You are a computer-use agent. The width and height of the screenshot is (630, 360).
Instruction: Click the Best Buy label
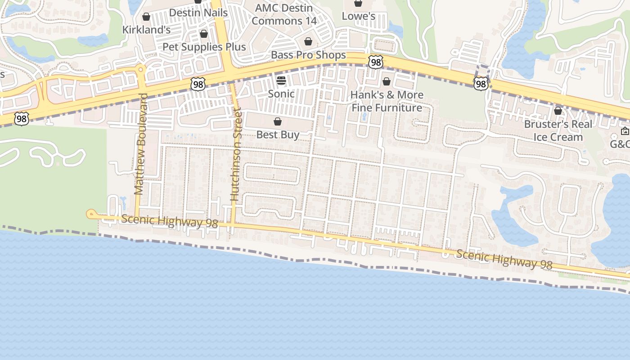[278, 135]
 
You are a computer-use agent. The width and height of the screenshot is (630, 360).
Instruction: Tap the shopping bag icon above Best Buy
[278, 121]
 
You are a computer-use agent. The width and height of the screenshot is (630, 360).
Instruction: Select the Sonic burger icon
[281, 81]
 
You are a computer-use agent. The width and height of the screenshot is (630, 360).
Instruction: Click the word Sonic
[281, 94]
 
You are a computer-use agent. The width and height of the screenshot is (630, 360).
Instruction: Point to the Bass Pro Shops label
[308, 55]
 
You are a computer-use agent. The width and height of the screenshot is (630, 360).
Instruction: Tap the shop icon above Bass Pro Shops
[308, 42]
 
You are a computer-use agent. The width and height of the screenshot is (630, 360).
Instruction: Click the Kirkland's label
[147, 30]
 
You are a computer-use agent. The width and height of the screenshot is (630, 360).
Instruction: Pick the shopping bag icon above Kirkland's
[146, 17]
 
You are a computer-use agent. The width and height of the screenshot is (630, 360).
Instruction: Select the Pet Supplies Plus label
[204, 47]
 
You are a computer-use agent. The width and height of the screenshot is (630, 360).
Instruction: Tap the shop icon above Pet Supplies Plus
[204, 34]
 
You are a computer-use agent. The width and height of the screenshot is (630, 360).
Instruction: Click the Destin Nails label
[198, 12]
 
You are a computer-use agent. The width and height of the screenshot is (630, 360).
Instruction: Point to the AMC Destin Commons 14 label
[284, 14]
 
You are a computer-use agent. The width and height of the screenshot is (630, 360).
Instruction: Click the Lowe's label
[358, 16]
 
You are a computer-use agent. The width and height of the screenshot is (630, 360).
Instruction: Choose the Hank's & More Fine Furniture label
[387, 101]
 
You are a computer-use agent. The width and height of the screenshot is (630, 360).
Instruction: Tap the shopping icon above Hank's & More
[387, 81]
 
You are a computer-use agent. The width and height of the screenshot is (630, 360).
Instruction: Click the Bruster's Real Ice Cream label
[558, 130]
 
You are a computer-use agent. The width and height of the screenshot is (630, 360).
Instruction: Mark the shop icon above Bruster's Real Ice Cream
[558, 111]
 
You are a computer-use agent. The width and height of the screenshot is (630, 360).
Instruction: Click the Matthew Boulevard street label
[141, 144]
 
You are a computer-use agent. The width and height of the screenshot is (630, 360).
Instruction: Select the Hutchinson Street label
[236, 155]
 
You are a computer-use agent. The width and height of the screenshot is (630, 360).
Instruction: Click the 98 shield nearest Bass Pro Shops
[375, 62]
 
